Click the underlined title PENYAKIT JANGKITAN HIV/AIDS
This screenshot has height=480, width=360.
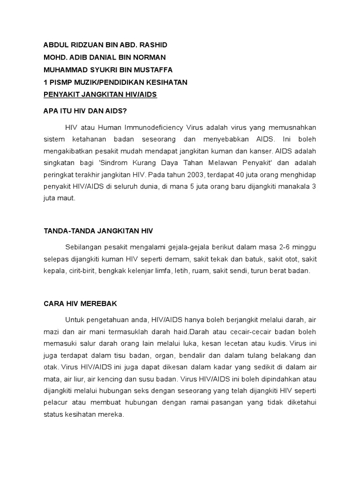(100, 94)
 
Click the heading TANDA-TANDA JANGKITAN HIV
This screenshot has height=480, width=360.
(98, 231)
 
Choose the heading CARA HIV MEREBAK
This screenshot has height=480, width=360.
(81, 303)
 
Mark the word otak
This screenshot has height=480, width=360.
(51, 367)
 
